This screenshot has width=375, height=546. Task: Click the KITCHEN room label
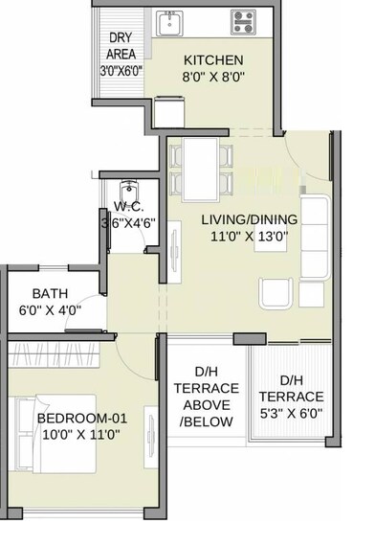click(x=213, y=60)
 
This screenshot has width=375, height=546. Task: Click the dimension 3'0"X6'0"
click(x=121, y=71)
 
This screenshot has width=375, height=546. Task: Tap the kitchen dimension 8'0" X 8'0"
click(x=213, y=79)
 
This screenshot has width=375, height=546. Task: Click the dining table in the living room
click(x=200, y=168)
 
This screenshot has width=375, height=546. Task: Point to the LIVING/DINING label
click(x=249, y=219)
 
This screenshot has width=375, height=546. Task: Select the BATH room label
click(x=50, y=293)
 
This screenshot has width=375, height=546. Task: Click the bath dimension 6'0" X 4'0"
click(x=50, y=310)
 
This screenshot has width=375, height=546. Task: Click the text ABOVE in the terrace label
click(x=204, y=405)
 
